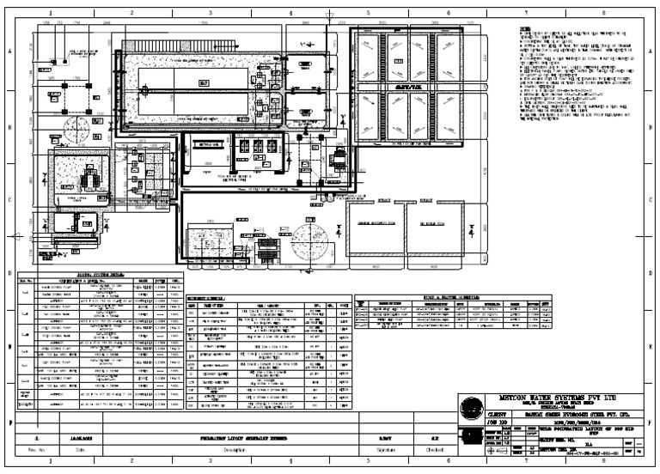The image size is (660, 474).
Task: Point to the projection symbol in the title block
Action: (x=471, y=444)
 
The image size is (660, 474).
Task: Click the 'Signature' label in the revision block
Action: (x=373, y=449)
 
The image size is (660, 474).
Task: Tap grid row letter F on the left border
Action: (x=10, y=423)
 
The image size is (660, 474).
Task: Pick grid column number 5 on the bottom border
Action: (x=368, y=461)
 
